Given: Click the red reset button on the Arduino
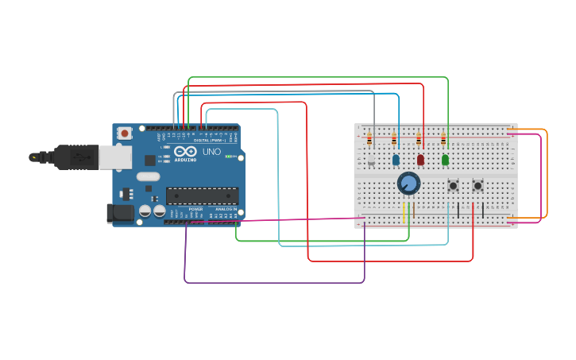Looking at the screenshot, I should point(124,134).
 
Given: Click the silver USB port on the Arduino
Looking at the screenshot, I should point(114,157).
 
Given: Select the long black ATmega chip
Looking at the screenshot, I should point(202,195).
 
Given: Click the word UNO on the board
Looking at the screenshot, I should point(211,151).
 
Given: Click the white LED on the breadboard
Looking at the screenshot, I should point(371,160).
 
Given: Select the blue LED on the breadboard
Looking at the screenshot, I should point(396,160).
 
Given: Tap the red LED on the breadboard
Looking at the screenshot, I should point(420,160).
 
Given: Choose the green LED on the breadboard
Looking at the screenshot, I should point(445,160).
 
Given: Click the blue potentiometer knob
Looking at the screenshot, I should point(408,183).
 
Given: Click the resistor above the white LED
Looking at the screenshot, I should point(369,139).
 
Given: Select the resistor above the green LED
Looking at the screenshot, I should point(443,139).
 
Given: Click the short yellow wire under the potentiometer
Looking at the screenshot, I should point(404,212).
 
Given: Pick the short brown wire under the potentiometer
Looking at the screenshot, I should point(413,211).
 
